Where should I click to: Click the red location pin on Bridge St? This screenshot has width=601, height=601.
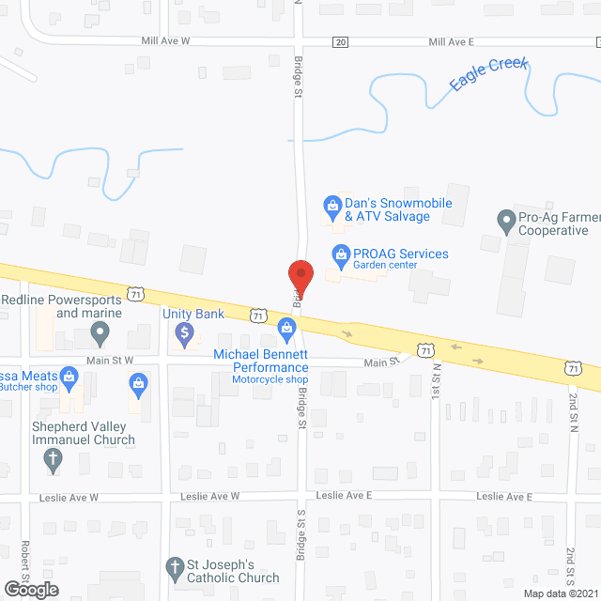click(300, 275)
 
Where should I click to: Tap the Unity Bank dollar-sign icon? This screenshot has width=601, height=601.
click(186, 331)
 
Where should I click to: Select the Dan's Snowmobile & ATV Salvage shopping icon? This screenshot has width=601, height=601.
click(331, 204)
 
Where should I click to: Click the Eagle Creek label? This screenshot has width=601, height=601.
click(488, 74)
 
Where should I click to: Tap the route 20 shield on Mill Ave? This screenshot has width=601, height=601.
click(340, 42)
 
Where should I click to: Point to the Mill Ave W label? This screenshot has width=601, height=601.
click(165, 41)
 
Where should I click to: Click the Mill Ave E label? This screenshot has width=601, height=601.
click(452, 41)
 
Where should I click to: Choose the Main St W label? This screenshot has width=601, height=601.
click(112, 360)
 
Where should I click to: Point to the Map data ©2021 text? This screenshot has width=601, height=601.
click(560, 593)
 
